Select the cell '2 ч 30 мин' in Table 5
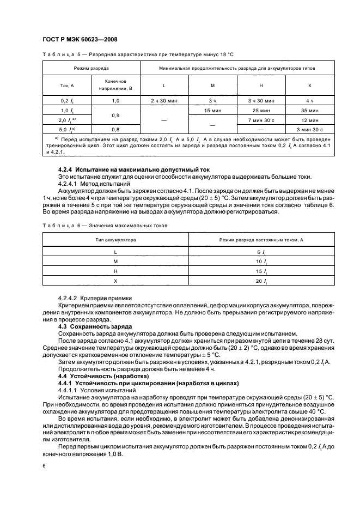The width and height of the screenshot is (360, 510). click(164, 101)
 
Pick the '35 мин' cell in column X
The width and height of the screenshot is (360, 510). click(310, 111)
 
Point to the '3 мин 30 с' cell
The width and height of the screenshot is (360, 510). click(310, 130)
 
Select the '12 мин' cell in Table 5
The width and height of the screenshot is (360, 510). click(310, 120)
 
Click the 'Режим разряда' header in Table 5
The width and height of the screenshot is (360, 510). click(91, 69)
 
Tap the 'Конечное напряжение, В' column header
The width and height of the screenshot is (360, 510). click(115, 84)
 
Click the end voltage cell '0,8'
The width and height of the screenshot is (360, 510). click(115, 130)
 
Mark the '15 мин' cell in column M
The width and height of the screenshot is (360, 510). click(212, 111)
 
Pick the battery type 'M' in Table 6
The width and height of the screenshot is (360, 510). click(115, 261)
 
